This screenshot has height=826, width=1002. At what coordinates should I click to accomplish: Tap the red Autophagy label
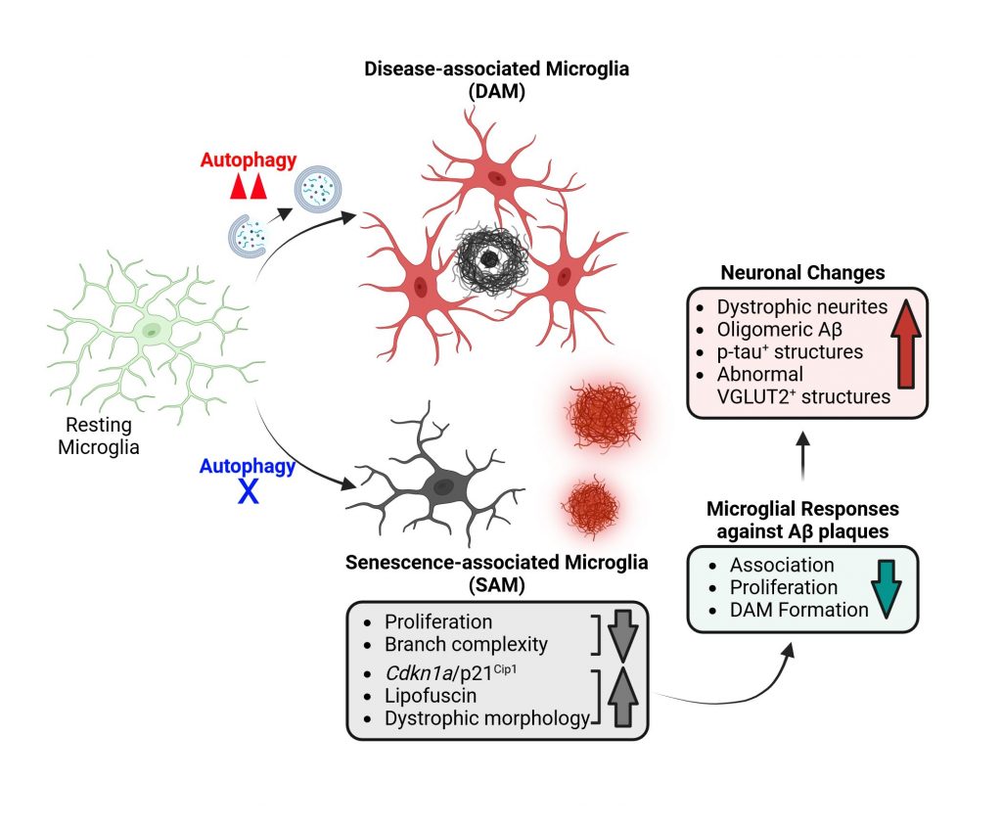248,161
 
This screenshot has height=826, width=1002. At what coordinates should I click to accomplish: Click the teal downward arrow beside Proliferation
888,587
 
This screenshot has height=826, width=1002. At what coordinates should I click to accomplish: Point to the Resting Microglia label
99,437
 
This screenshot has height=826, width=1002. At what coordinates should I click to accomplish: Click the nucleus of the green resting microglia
153,333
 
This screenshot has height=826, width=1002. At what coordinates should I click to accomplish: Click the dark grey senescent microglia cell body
446,482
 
